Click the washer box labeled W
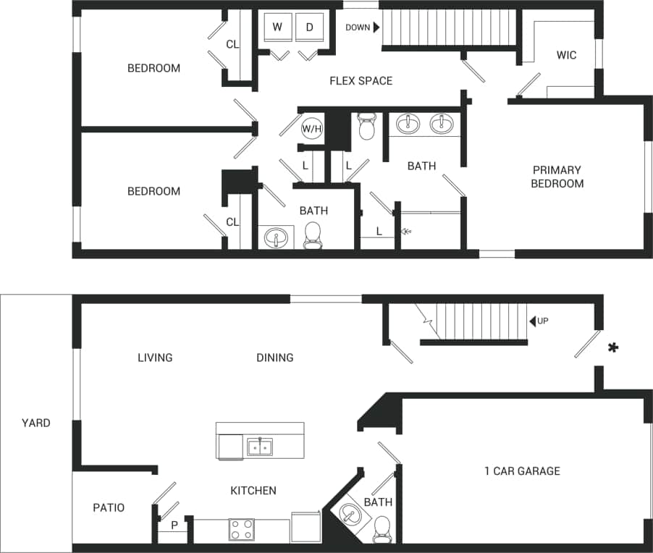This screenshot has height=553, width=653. tap(277, 28)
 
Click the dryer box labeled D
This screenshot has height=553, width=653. tap(309, 28)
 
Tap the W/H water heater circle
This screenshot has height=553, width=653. tap(311, 129)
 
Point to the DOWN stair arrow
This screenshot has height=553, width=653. tap(376, 28)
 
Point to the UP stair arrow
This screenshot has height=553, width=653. tap(532, 321)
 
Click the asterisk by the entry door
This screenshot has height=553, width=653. tap(613, 349)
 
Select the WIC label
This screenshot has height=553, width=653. tap(566, 55)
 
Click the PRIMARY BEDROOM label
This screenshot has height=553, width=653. tap(557, 177)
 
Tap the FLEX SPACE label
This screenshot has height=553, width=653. tap(361, 80)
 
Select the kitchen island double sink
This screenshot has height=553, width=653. tap(259, 447)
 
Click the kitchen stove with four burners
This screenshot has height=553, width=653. tap(241, 530)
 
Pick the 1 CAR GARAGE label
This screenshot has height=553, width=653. tap(522, 471)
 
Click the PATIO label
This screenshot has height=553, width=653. tap(109, 507)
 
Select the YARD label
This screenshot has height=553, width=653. tap(35, 423)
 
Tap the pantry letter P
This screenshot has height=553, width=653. tap(174, 525)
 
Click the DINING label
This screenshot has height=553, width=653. tap(274, 358)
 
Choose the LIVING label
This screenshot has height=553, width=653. tap(155, 358)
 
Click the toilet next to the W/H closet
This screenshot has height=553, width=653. tap(367, 127)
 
